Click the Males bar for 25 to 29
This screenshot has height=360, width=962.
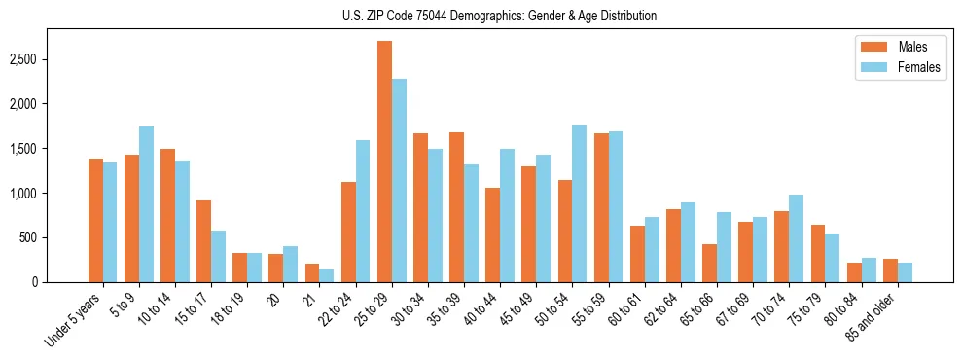[x=384, y=162]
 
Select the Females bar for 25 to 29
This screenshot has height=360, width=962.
[x=399, y=181]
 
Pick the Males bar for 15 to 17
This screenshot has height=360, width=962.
[x=203, y=241]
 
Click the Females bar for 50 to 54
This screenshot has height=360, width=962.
[x=579, y=203]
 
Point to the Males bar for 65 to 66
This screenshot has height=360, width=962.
[x=708, y=263]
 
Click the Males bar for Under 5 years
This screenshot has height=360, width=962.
[x=95, y=220]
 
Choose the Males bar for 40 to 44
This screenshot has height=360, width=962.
[x=492, y=234]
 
